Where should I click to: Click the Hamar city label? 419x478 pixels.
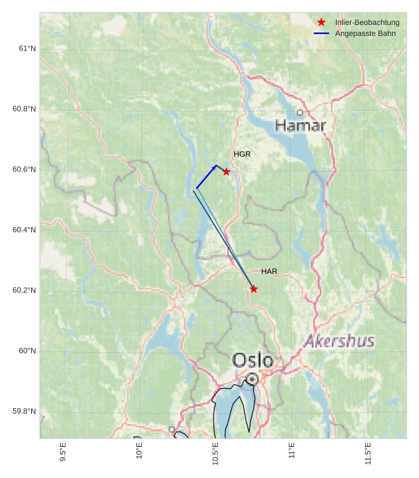(x=300, y=125)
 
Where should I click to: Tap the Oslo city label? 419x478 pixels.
(x=252, y=360)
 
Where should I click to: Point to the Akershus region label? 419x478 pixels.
(x=339, y=341)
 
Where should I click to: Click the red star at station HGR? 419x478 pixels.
(x=226, y=172)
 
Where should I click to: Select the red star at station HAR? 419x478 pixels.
(x=254, y=288)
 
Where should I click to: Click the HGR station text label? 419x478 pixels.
(x=242, y=154)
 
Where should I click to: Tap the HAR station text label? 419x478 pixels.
(x=269, y=271)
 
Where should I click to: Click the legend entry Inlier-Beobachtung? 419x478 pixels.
(x=367, y=23)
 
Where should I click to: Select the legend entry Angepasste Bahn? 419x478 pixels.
(x=365, y=33)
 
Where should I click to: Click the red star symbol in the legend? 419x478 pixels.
(x=322, y=22)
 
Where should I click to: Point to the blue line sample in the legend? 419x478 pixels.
(x=322, y=33)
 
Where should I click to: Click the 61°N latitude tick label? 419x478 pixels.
(x=28, y=48)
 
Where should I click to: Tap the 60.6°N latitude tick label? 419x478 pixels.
(x=25, y=169)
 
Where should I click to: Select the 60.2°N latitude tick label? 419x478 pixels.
(x=25, y=291)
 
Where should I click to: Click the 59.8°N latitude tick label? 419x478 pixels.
(x=25, y=412)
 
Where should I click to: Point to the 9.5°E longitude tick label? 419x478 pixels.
(x=64, y=452)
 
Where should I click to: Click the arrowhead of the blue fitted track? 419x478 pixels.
(x=215, y=166)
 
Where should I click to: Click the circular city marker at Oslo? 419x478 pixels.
(x=252, y=379)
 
